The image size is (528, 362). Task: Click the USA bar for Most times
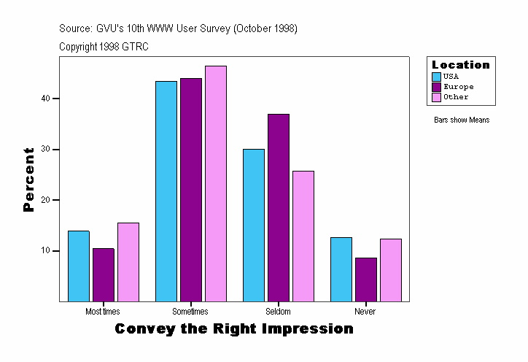coord(79,266)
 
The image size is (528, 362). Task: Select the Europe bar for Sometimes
coord(191,190)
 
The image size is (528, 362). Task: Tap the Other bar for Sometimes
coord(216,183)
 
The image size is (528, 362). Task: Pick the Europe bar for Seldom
coord(279,207)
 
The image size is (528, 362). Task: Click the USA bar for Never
coord(341,269)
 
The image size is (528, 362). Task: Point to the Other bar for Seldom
coord(303,236)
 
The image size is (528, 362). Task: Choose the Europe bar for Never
coord(365,279)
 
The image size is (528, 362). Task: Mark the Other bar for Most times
coord(128,261)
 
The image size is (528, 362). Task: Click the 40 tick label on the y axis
coord(45,99)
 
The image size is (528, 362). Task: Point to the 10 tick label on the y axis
coord(45,251)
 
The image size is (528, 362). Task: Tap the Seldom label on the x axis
coord(278,312)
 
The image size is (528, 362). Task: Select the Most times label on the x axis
coord(103,312)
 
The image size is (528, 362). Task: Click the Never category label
coord(365,312)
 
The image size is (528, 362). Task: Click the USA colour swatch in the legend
coord(437,77)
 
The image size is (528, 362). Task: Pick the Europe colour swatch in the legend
coord(437,87)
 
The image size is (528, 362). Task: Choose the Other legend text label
coord(456,97)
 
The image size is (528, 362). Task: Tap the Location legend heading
coord(461,65)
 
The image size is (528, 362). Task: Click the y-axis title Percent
coord(29,180)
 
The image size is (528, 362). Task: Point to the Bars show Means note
coord(462,120)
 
